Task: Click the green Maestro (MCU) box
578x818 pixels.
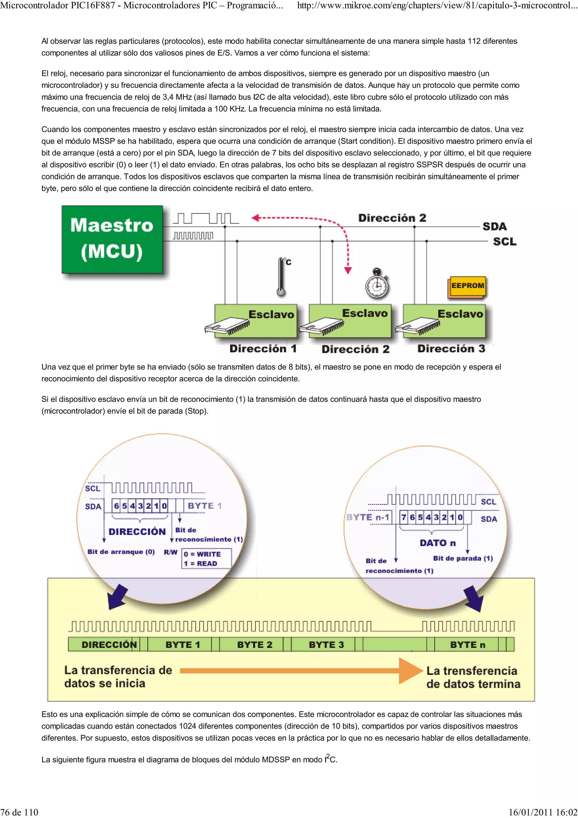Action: click(112, 239)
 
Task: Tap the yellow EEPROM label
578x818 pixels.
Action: click(467, 286)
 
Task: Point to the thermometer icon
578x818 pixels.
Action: click(281, 276)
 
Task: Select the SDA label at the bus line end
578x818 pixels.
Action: click(494, 227)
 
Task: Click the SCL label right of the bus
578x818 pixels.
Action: click(504, 242)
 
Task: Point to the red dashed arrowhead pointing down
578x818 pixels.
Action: click(348, 270)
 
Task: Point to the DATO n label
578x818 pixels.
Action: click(437, 543)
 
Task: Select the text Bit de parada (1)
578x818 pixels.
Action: click(463, 558)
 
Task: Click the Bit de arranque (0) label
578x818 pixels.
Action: click(121, 552)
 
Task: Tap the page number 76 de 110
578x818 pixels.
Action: click(19, 812)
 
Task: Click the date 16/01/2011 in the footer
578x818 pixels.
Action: click(531, 812)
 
